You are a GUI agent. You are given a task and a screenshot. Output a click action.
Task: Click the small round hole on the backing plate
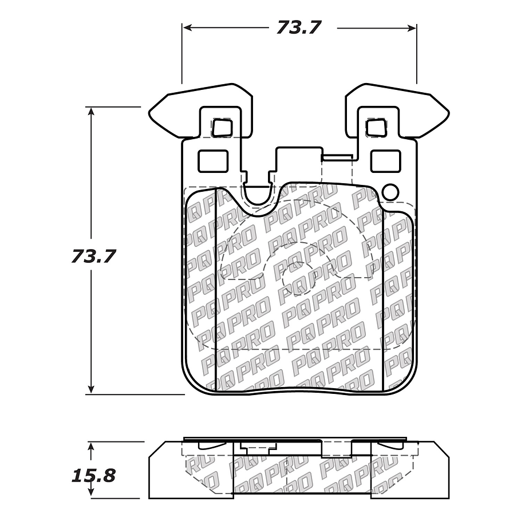(392, 192)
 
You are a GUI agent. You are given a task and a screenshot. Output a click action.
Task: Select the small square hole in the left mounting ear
(221, 127)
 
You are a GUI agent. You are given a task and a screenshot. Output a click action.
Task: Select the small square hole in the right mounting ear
(376, 127)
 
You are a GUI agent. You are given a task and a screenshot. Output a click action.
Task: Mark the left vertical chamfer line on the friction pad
(215, 286)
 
